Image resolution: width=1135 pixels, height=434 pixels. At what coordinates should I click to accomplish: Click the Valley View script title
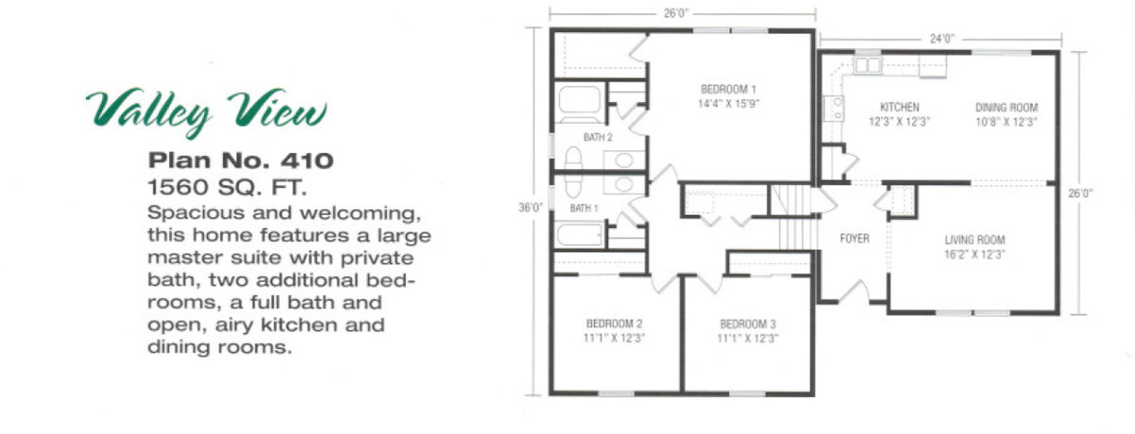pyautogui.click(x=206, y=113)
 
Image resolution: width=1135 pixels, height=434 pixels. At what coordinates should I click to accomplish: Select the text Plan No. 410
pyautogui.click(x=240, y=161)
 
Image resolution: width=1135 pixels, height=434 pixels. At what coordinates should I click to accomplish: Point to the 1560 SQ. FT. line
pyautogui.click(x=227, y=187)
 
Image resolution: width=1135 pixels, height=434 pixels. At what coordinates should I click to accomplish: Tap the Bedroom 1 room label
pyautogui.click(x=728, y=90)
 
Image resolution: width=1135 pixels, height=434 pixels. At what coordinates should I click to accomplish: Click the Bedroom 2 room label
pyautogui.click(x=614, y=323)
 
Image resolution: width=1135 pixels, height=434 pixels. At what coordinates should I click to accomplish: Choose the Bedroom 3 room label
pyautogui.click(x=747, y=324)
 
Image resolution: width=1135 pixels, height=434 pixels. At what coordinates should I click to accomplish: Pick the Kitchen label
pyautogui.click(x=899, y=108)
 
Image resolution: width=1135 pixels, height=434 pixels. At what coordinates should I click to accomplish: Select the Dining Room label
pyautogui.click(x=1006, y=108)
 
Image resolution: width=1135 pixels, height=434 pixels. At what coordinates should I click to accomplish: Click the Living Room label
pyautogui.click(x=974, y=240)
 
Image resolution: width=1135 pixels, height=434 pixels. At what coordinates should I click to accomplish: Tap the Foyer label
pyautogui.click(x=854, y=238)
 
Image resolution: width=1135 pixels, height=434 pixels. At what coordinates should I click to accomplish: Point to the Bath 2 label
pyautogui.click(x=598, y=137)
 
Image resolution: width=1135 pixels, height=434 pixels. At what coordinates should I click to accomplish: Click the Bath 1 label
pyautogui.click(x=584, y=208)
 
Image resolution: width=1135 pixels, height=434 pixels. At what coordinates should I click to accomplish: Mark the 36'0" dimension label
pyautogui.click(x=531, y=208)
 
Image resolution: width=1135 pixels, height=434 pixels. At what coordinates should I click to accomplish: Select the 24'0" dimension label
pyautogui.click(x=942, y=39)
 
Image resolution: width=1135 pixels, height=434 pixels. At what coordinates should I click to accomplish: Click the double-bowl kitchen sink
pyautogui.click(x=868, y=65)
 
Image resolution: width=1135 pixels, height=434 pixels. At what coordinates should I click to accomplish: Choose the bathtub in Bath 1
pyautogui.click(x=580, y=234)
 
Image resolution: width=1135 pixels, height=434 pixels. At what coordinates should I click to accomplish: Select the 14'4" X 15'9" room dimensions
pyautogui.click(x=728, y=104)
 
